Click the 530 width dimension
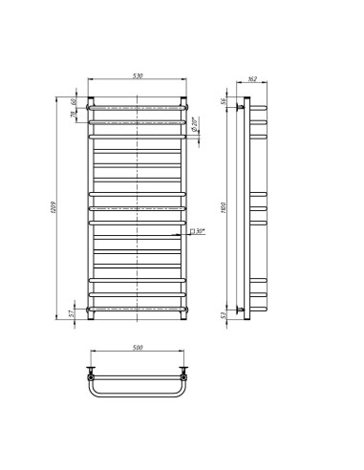tap(139, 77)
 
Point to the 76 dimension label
tap(71, 117)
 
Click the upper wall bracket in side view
tap(240, 109)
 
